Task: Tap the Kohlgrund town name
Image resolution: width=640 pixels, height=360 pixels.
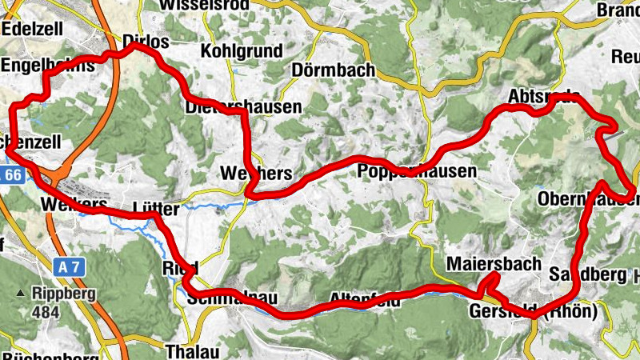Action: click(x=242, y=51)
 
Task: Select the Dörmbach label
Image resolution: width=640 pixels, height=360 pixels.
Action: click(x=334, y=70)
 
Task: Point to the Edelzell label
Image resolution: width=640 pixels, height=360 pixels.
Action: click(x=33, y=28)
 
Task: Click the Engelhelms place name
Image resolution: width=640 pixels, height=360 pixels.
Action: click(x=47, y=66)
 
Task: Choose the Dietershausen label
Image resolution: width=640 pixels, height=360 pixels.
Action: click(x=243, y=106)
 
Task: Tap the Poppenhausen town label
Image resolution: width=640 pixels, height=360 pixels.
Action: click(x=416, y=171)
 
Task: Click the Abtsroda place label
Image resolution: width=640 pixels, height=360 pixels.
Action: click(x=544, y=96)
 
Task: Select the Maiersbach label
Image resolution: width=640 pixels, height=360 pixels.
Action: click(x=494, y=264)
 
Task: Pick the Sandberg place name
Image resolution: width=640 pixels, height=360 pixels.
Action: click(x=587, y=275)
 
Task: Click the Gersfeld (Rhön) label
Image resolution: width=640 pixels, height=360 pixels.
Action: click(x=534, y=312)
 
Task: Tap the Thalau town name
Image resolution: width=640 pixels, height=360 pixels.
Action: click(x=191, y=350)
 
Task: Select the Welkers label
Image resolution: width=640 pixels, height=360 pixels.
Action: click(x=67, y=204)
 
